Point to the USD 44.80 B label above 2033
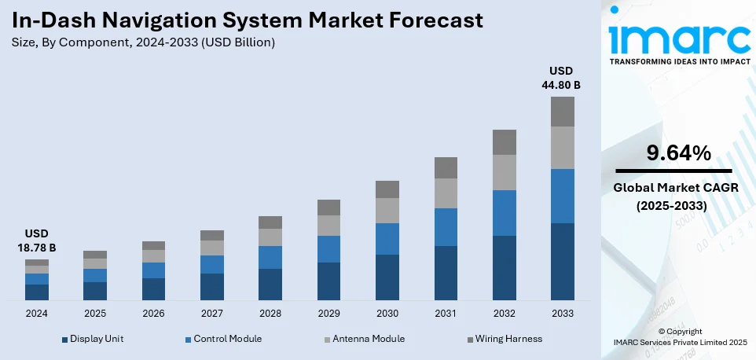click(562, 78)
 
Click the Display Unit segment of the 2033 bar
click(562, 261)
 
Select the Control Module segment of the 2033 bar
click(562, 196)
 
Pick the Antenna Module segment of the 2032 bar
click(504, 172)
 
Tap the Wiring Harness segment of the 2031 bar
click(446, 167)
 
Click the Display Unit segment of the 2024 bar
click(37, 292)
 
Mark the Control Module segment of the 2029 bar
click(328, 248)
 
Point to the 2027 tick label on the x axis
click(211, 313)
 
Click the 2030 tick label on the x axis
click(387, 313)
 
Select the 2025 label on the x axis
click(95, 313)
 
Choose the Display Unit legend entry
click(92, 339)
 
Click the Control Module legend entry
click(222, 339)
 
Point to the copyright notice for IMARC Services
click(680, 337)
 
